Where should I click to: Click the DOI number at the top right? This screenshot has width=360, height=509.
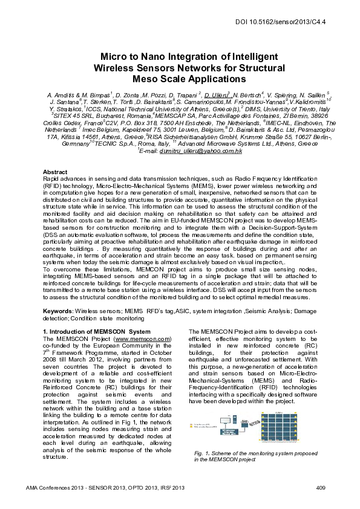[x=289, y=22]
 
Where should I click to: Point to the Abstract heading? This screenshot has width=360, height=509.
[x=56, y=172]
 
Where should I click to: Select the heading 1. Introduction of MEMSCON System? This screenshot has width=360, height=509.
[x=97, y=332]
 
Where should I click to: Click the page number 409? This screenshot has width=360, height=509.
[x=321, y=487]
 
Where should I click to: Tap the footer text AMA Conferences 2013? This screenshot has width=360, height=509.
[x=57, y=487]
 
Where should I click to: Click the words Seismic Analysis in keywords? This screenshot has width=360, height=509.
[x=260, y=311]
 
